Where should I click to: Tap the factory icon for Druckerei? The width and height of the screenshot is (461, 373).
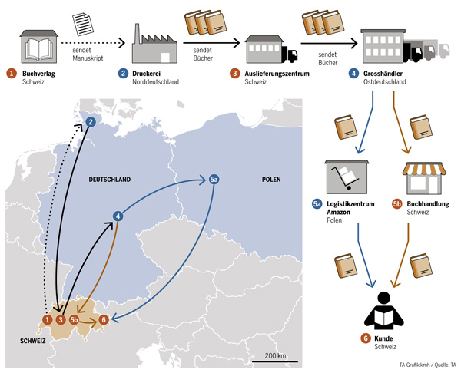click(x=153, y=45)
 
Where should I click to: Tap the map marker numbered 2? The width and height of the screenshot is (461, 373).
click(x=90, y=121)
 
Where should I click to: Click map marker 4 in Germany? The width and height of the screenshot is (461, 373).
click(x=118, y=216)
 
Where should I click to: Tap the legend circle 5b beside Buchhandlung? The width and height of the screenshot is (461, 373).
click(x=396, y=203)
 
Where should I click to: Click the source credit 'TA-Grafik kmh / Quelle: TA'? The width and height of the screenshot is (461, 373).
click(x=426, y=365)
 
